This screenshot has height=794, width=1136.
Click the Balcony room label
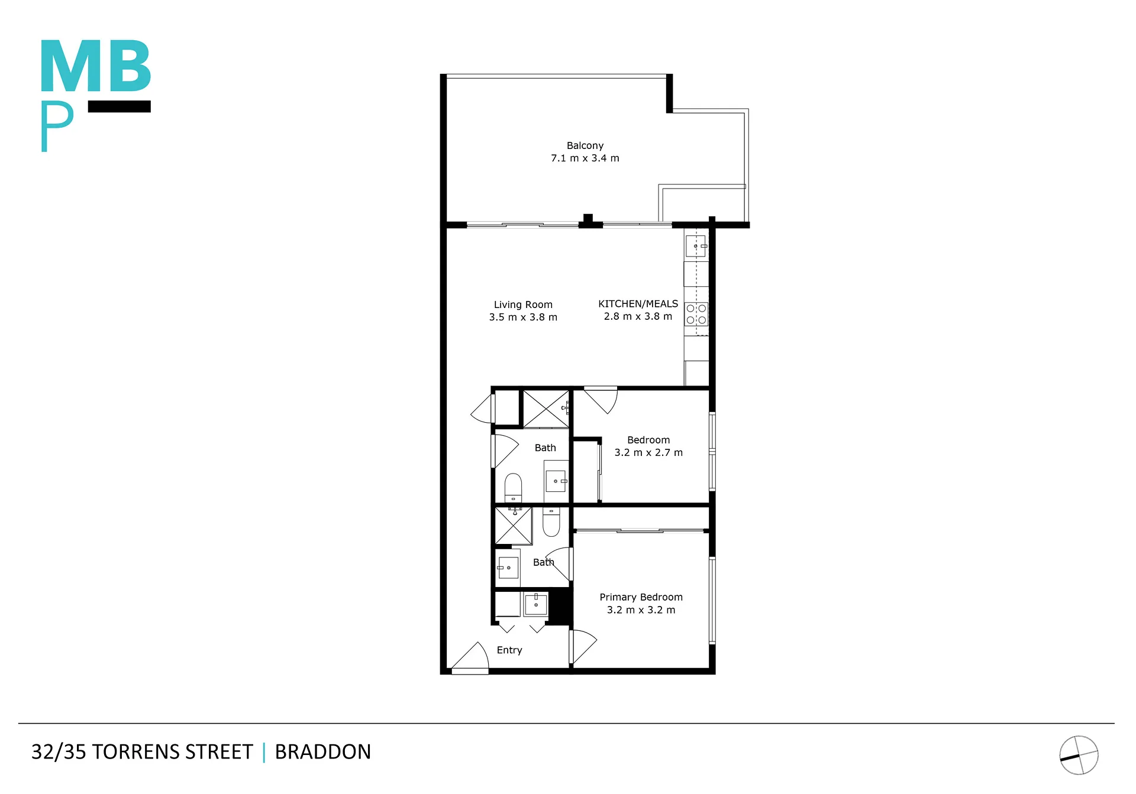(x=585, y=145)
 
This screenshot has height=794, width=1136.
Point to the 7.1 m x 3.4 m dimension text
(x=585, y=158)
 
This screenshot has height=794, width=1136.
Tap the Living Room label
(x=523, y=304)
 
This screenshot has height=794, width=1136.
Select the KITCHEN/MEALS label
(x=638, y=303)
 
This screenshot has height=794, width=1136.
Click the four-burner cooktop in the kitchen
(x=696, y=314)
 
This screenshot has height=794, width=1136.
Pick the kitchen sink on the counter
(x=696, y=246)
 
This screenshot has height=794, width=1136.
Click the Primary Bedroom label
(x=641, y=597)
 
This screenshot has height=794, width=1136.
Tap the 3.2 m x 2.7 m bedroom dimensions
(x=648, y=453)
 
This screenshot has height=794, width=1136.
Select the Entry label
(x=509, y=650)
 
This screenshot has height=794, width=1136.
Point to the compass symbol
(x=1079, y=755)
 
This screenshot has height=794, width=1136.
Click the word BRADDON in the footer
(x=323, y=752)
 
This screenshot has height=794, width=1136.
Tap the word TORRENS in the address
(x=135, y=752)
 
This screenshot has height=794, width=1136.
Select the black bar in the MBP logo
(x=120, y=106)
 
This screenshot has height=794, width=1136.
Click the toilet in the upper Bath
(x=513, y=487)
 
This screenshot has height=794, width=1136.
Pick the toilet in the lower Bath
(x=551, y=521)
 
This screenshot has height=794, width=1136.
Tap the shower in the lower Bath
(x=514, y=526)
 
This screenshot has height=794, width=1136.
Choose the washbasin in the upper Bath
(x=556, y=481)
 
